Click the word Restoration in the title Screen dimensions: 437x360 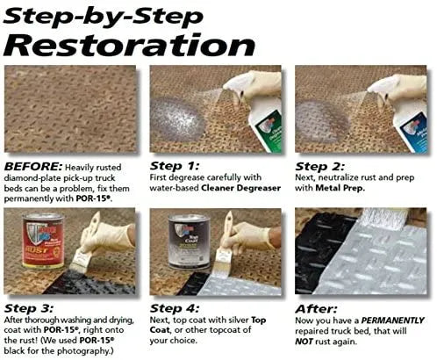(x=129, y=45)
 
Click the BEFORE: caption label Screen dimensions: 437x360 (x=33, y=167)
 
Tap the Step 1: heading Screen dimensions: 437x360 (x=175, y=166)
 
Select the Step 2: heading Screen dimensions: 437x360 (x=320, y=166)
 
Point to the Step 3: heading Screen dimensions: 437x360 (x=29, y=308)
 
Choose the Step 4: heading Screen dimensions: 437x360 (x=175, y=308)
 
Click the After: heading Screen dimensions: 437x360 (x=316, y=309)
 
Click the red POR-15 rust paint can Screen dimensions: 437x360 (x=43, y=241)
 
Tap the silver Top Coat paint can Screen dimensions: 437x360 (x=189, y=241)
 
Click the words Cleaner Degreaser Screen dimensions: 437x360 (x=240, y=188)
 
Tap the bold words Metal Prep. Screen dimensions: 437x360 (x=340, y=188)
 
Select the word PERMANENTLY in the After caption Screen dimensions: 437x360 (x=392, y=320)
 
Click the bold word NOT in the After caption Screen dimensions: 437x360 (x=304, y=342)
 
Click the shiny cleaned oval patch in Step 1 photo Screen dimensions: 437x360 (x=177, y=120)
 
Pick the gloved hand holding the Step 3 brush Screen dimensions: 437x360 (x=108, y=236)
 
